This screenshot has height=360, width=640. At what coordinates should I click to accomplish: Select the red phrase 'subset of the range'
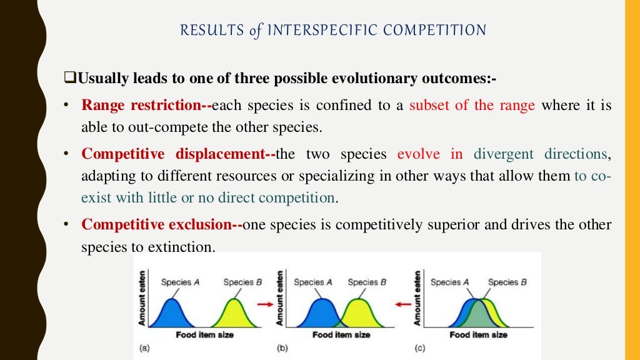tap(472, 105)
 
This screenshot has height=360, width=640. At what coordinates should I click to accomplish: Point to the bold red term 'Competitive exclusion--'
tap(162, 225)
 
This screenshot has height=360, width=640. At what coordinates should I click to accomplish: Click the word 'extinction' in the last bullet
tap(181, 247)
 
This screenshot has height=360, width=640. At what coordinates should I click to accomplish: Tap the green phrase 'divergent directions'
tap(540, 154)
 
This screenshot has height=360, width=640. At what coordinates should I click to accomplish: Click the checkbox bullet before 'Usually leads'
tap(69, 80)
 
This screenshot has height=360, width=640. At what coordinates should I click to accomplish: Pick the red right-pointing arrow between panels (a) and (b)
tap(266, 304)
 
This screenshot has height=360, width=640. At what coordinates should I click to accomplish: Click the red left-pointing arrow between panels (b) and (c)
tap(404, 304)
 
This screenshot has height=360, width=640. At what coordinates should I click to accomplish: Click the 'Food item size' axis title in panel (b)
tap(341, 335)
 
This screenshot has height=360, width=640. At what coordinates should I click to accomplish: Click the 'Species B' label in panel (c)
tap(507, 282)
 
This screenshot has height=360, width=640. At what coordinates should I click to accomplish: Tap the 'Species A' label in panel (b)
tap(313, 282)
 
